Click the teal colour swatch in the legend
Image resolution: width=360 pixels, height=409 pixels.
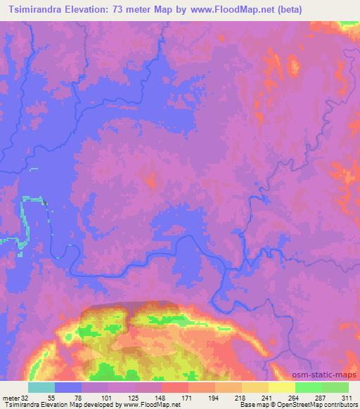click(41, 387)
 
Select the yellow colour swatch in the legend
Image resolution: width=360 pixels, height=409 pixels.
click(281, 387)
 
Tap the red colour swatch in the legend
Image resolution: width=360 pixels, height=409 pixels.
click(175, 387)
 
